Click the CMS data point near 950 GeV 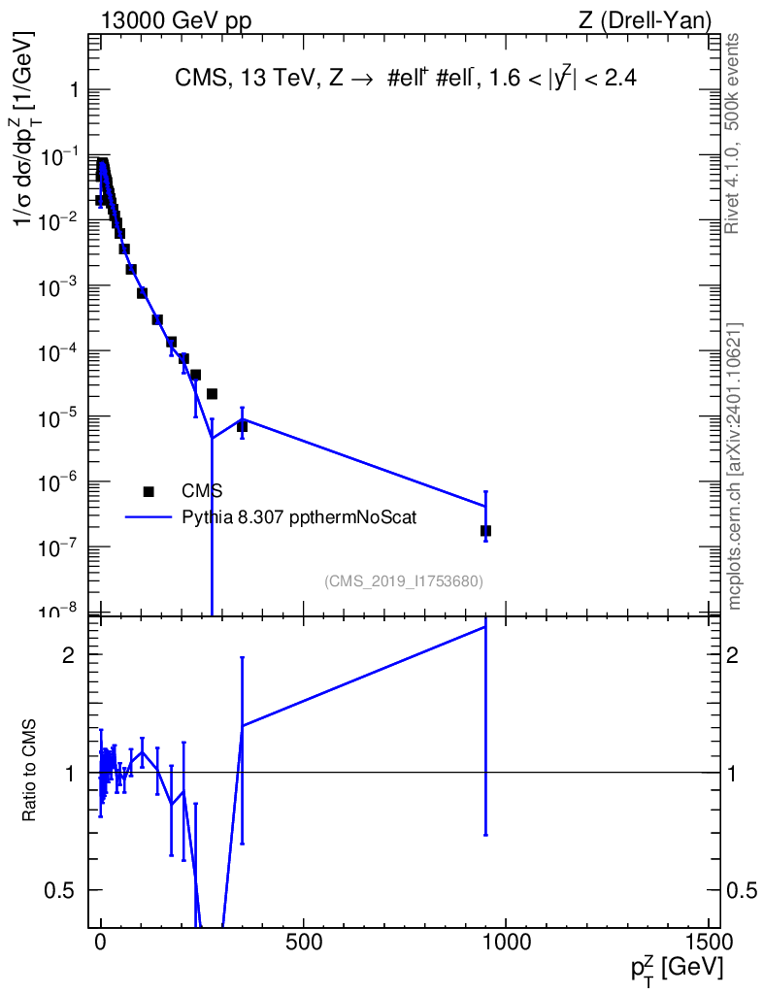tap(485, 531)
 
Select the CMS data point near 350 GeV tap(242, 426)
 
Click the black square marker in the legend tap(149, 491)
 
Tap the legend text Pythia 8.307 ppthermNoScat tap(299, 517)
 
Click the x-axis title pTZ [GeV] tap(678, 968)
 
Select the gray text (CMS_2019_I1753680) tap(404, 581)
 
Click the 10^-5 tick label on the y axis tap(62, 417)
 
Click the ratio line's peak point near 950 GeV tap(485, 627)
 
